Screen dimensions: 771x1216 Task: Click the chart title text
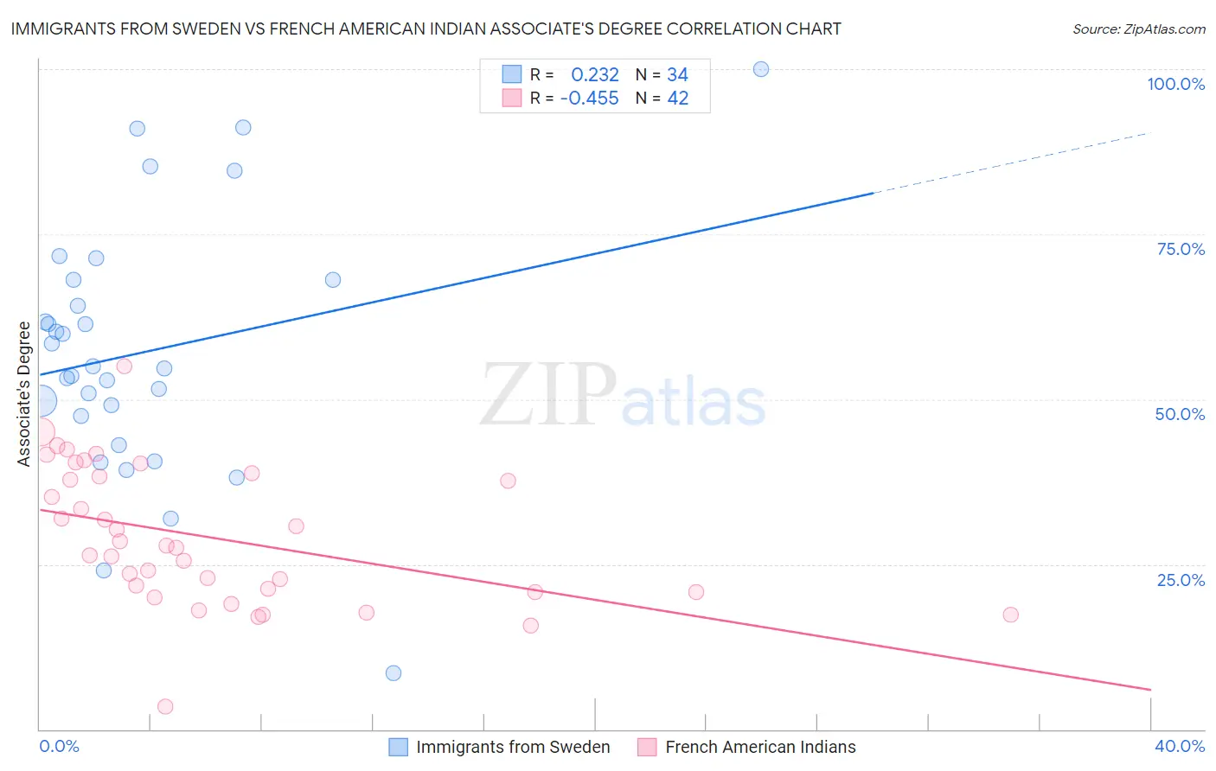click(x=426, y=29)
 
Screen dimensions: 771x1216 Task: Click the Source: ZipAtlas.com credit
click(x=1138, y=29)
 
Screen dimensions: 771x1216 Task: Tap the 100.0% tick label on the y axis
click(x=1175, y=84)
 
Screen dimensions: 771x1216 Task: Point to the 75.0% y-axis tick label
click(x=1181, y=249)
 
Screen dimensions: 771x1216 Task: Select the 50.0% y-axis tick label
click(x=1180, y=414)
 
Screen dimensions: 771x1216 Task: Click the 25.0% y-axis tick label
click(x=1181, y=580)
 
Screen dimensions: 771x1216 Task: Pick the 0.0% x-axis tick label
click(x=59, y=746)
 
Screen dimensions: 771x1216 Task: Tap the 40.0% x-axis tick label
click(x=1179, y=746)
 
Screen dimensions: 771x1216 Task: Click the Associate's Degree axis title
click(x=24, y=393)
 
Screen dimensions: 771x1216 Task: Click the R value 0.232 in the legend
click(x=595, y=75)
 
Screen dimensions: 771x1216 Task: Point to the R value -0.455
click(x=589, y=99)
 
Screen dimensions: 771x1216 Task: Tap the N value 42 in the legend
click(x=677, y=99)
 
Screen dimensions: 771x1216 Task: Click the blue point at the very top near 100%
click(x=761, y=69)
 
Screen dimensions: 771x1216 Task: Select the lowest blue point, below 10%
click(x=394, y=673)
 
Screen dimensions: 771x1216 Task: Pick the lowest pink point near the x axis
click(x=165, y=707)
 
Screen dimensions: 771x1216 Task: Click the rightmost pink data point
click(x=1010, y=615)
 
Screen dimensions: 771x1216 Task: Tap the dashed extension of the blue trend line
click(x=1012, y=163)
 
